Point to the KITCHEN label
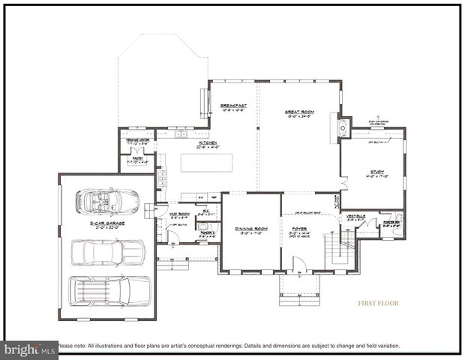click(208, 142)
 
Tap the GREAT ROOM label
click(298, 112)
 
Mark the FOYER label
click(298, 228)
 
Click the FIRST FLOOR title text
click(378, 304)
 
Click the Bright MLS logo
click(30, 349)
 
